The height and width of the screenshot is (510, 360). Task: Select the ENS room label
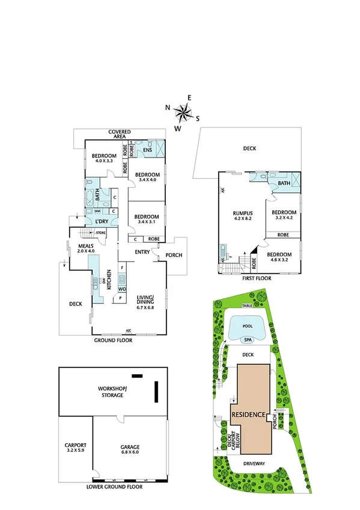(x=147, y=150)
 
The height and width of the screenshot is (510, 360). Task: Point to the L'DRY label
(x=101, y=221)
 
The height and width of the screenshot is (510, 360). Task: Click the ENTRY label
(x=142, y=252)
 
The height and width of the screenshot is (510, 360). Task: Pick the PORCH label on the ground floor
(x=175, y=255)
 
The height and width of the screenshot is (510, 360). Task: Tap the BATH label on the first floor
(x=284, y=183)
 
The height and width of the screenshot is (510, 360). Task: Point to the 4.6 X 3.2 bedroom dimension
(x=279, y=261)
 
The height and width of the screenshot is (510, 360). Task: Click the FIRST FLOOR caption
(x=257, y=278)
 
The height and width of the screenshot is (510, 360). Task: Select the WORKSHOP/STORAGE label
(x=111, y=392)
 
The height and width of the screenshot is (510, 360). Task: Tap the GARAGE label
(x=129, y=447)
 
